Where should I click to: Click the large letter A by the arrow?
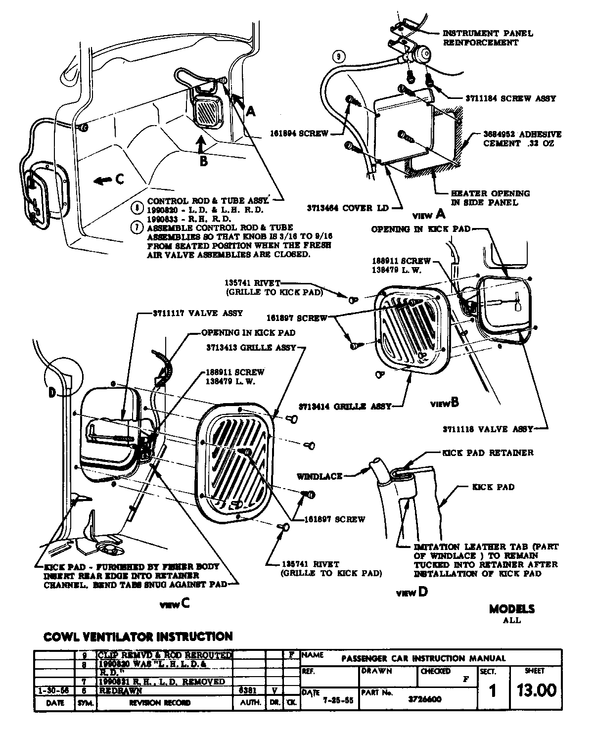click(x=251, y=112)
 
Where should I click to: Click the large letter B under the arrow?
click(x=203, y=160)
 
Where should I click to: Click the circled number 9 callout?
click(x=338, y=56)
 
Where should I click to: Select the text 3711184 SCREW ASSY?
click(x=510, y=98)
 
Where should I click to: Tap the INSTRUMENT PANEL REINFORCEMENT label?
click(x=487, y=38)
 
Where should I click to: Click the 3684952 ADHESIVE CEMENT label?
click(x=522, y=139)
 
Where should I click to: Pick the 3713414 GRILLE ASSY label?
click(x=345, y=407)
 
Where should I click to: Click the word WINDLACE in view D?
click(x=320, y=476)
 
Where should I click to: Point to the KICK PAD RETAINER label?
click(x=487, y=453)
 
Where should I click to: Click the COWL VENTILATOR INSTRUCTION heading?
click(x=138, y=637)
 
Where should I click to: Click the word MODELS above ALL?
click(x=512, y=609)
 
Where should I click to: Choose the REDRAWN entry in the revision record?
click(x=120, y=690)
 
